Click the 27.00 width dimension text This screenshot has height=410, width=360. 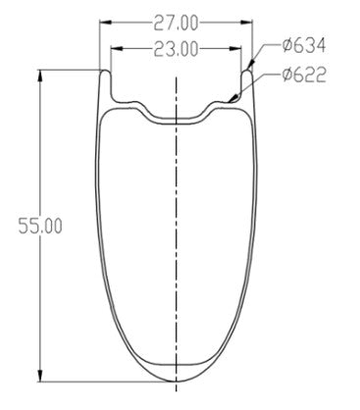coord(176,24)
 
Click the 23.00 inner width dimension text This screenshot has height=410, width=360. coord(176,49)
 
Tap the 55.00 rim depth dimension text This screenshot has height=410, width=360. coord(40,226)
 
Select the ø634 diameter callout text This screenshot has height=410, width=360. coord(304,45)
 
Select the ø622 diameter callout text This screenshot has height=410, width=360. coord(304,75)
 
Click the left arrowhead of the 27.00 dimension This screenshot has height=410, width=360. coord(105,23)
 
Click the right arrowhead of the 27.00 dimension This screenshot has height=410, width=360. coord(247,23)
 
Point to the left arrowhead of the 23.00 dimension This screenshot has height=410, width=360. coord(117,48)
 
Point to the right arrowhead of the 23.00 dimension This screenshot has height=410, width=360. coord(235,48)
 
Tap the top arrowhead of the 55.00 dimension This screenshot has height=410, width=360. coord(40,76)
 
